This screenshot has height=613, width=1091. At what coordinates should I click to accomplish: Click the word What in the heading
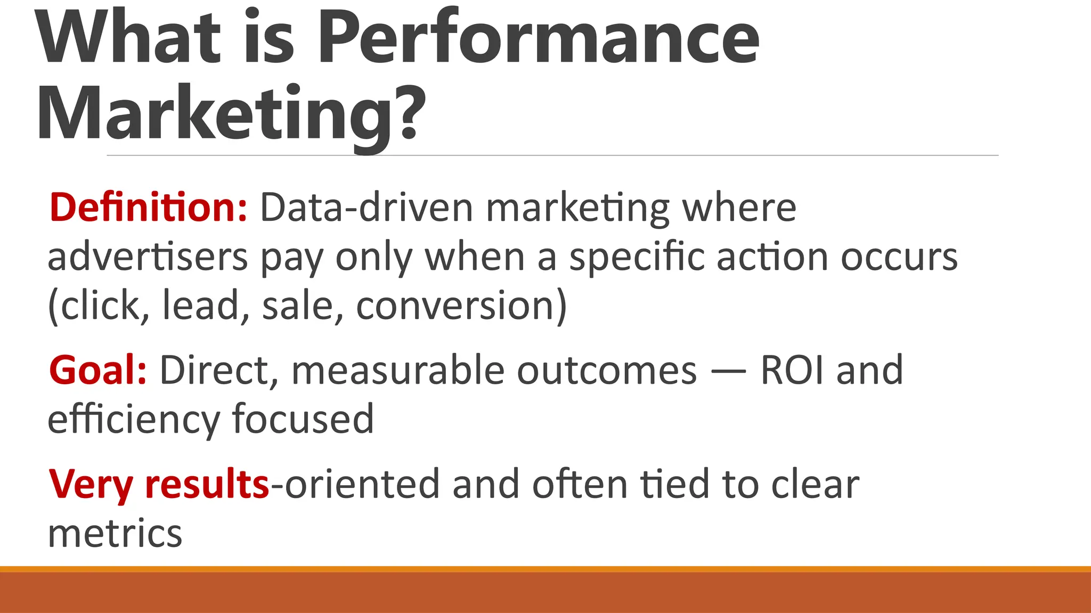click(128, 37)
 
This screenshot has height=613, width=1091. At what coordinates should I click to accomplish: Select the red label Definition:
click(148, 207)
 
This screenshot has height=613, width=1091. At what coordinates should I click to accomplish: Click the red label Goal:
click(97, 370)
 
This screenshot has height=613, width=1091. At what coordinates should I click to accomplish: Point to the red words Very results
click(159, 485)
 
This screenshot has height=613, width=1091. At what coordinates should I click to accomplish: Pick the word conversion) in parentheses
click(461, 306)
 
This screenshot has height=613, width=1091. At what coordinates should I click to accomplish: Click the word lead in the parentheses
click(201, 306)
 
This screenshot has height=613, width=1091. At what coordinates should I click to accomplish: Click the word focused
click(303, 419)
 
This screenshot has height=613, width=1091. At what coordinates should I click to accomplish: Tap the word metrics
click(115, 533)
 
